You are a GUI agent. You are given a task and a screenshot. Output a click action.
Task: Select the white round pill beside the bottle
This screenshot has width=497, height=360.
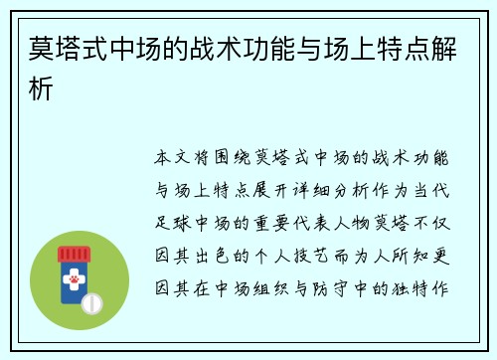pyautogui.click(x=93, y=302)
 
